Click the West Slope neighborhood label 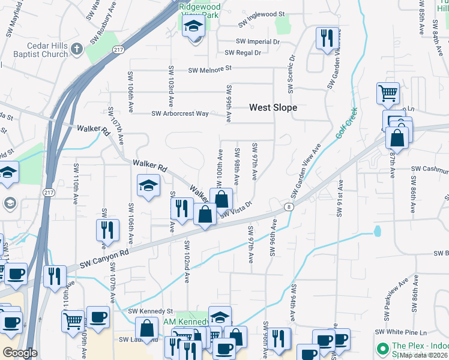[x=273, y=107]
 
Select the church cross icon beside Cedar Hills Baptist [x=76, y=49]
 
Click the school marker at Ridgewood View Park [x=194, y=28]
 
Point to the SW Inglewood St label [x=259, y=14]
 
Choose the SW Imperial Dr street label [x=258, y=42]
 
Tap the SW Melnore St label [x=209, y=70]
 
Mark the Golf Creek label [x=346, y=123]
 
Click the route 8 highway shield [x=289, y=207]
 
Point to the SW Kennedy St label [x=150, y=311]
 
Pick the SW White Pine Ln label [x=400, y=332]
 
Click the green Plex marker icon [x=382, y=348]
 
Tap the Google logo [x=19, y=352]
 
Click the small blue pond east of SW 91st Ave [x=377, y=230]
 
